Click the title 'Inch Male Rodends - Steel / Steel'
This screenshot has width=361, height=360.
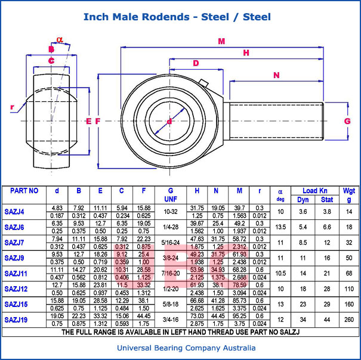coord(177,17)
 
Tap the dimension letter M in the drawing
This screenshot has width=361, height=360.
coord(221,41)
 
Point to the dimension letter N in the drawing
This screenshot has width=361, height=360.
coord(276,75)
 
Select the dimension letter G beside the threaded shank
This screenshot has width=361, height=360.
coord(347,121)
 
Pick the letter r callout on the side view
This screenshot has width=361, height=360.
coord(12,107)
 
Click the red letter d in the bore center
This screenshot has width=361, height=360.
coord(169,122)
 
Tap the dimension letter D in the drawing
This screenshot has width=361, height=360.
coord(195,63)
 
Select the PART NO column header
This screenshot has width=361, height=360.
coord(24,191)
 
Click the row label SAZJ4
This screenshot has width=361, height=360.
coord(14,212)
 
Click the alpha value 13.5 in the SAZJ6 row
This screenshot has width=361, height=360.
coord(280,227)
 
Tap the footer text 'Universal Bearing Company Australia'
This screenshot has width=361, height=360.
coord(180,348)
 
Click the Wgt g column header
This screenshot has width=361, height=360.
coord(348,195)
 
